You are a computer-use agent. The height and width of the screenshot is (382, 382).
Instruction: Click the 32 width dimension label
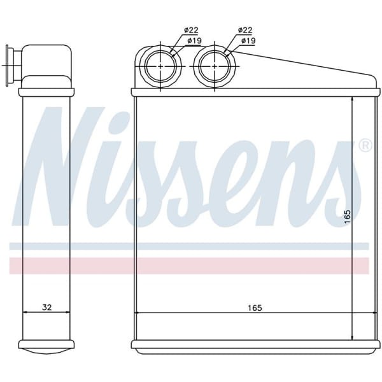tap(46, 308)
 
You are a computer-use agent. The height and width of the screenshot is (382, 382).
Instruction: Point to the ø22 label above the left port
tap(191, 31)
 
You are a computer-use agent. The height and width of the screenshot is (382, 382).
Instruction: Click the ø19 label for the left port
tap(195, 41)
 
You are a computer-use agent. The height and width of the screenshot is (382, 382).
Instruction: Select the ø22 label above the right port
tap(244, 31)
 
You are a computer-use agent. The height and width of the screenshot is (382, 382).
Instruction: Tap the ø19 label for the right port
tap(248, 41)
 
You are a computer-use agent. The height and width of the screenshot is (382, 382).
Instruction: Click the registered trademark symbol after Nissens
tap(365, 146)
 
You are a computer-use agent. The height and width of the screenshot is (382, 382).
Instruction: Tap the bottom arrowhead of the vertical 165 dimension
tap(353, 336)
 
